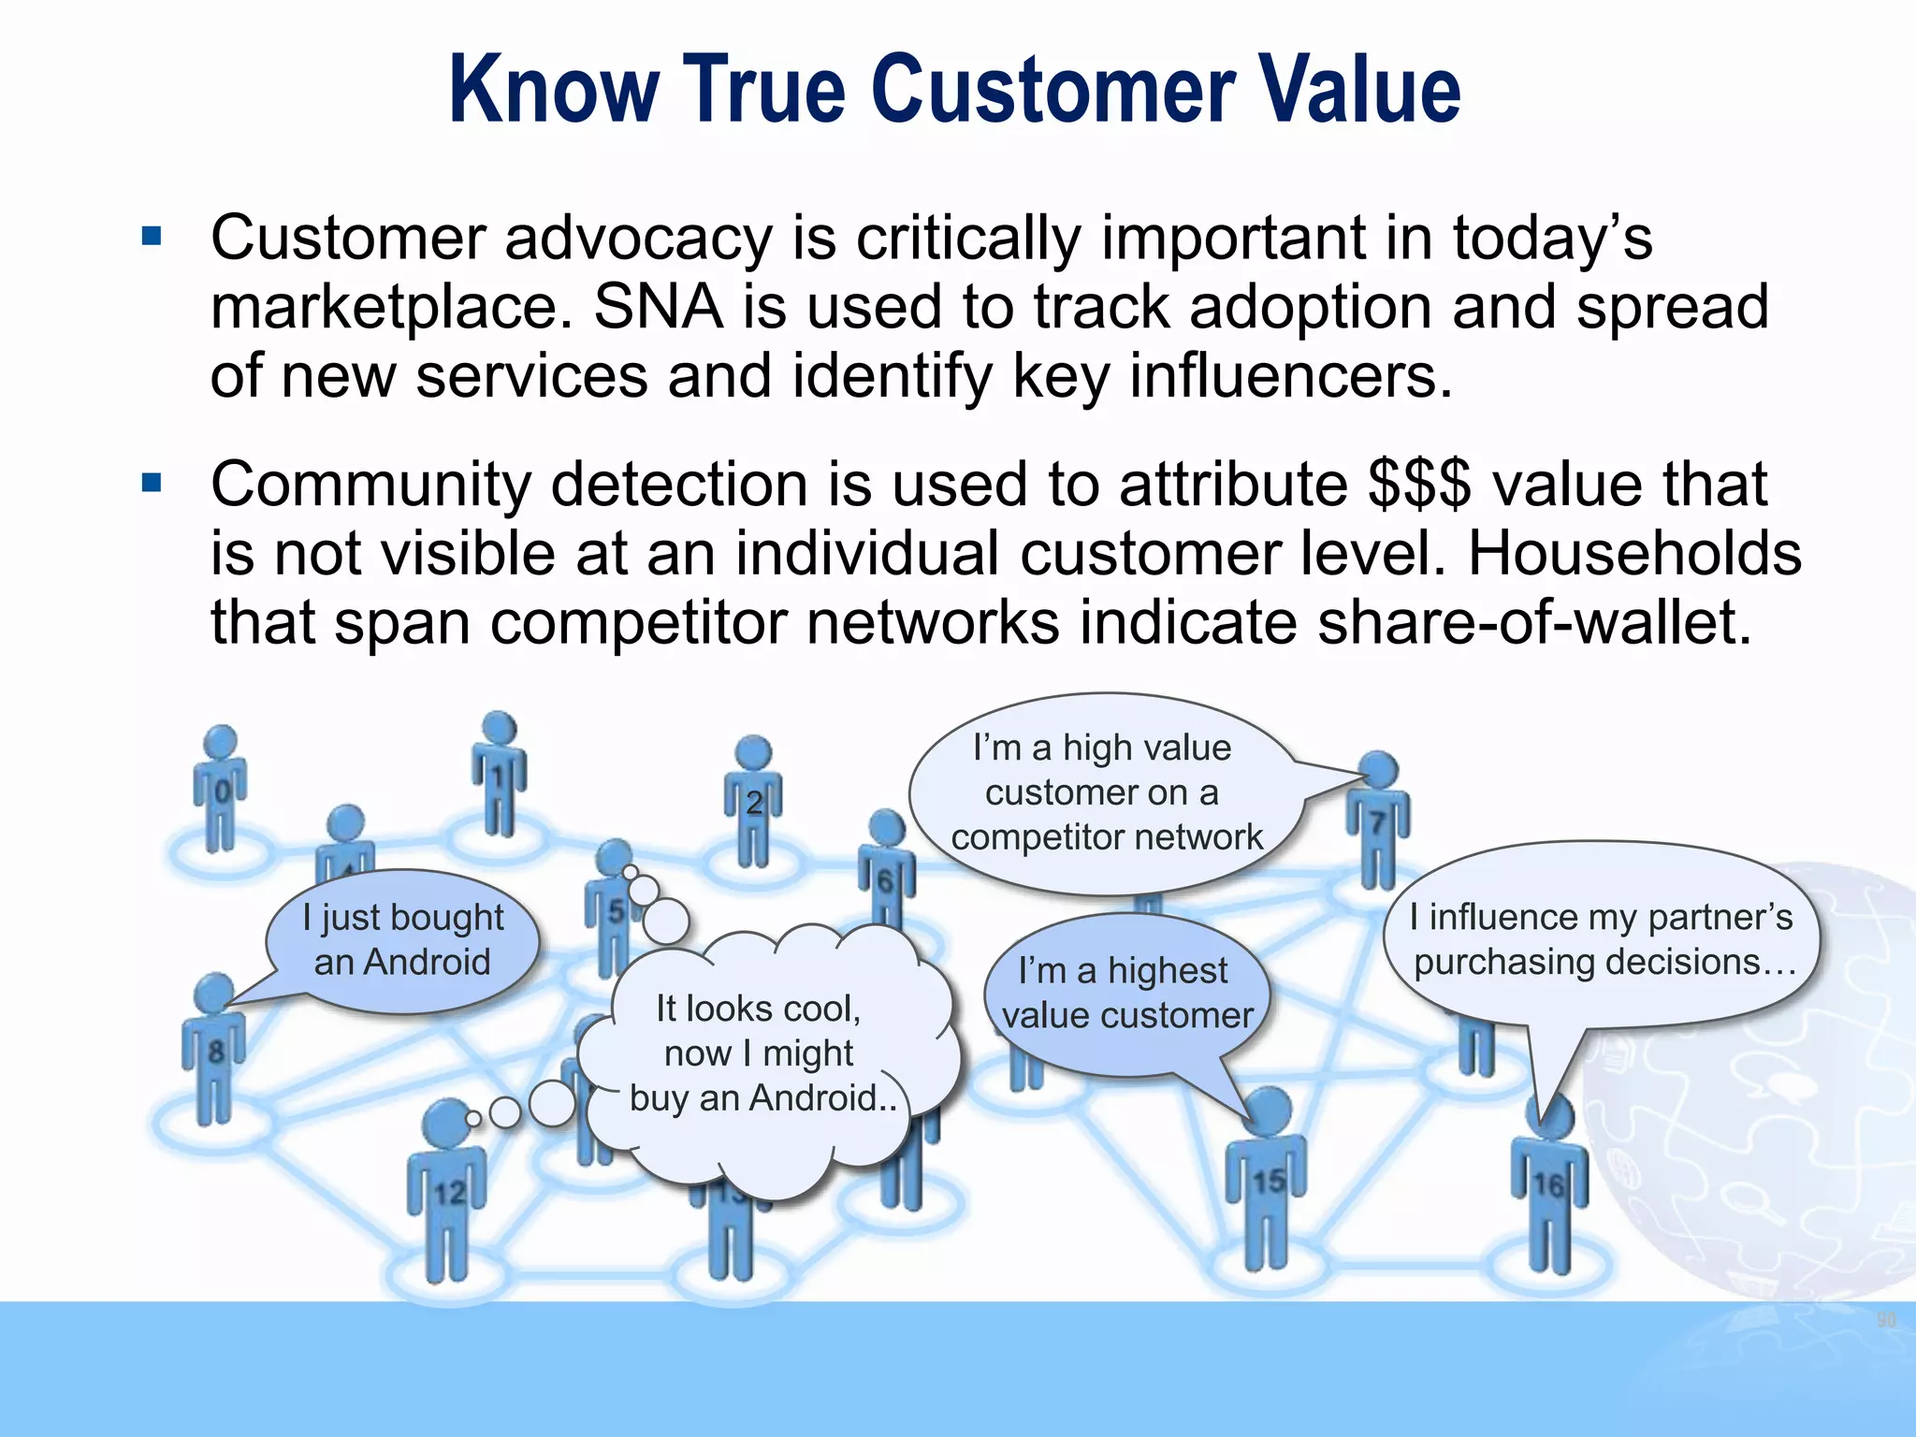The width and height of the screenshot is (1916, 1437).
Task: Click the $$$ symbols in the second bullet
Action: [x=1418, y=485]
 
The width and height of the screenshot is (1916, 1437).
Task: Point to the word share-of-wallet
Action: [x=1533, y=623]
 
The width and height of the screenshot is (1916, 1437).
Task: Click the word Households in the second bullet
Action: [x=1633, y=554]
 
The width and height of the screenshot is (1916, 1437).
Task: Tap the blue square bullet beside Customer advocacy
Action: [x=152, y=236]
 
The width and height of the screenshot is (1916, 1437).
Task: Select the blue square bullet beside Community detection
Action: [x=152, y=483]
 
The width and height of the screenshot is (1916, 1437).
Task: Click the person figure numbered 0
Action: [x=220, y=791]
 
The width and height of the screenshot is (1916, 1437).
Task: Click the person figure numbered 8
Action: [x=214, y=1048]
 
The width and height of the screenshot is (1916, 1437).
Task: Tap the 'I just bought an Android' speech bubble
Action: [x=402, y=940]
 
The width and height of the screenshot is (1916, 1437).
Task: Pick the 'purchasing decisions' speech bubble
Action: [x=1602, y=939]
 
